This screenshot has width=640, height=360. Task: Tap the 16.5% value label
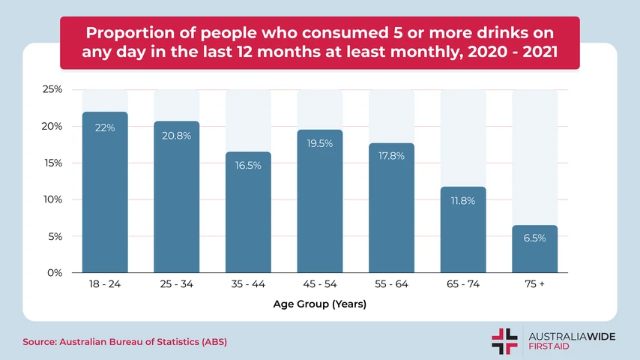pos(248,165)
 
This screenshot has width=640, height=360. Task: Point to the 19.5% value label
pos(320,143)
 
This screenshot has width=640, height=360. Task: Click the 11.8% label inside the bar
pos(463,200)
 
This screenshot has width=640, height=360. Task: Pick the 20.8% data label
pos(177,136)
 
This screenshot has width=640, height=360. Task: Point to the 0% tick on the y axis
pos(54,273)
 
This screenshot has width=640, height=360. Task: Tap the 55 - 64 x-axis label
pos(391,286)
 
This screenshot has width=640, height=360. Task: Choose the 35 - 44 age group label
pos(248,286)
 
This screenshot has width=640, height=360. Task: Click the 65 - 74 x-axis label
pos(463,286)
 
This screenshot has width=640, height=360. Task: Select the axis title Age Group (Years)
pos(320,305)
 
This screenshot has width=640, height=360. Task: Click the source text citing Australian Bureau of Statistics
pos(124,342)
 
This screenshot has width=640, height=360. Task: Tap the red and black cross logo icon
pos(504,340)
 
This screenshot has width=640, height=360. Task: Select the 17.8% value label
pos(391,156)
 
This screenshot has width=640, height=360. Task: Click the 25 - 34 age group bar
pos(177,202)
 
